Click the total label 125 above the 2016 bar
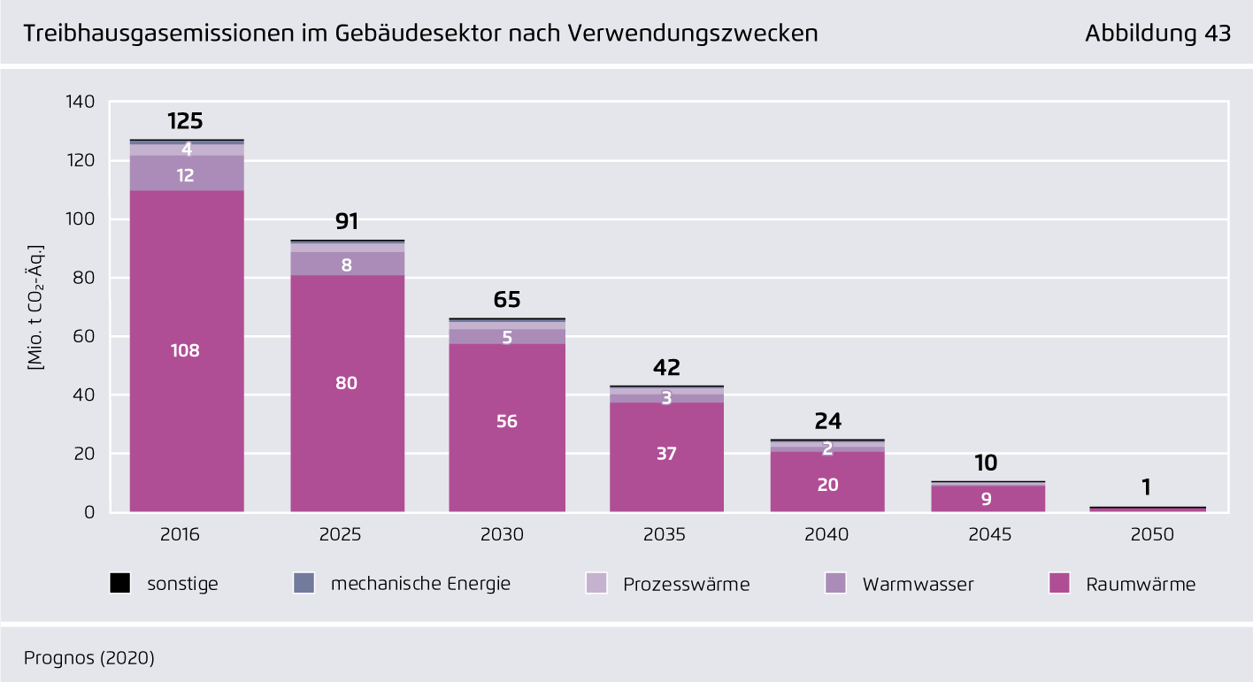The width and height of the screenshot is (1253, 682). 185,121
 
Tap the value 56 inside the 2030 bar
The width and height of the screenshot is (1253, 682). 507,421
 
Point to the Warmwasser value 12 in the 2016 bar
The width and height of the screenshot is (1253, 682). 186,175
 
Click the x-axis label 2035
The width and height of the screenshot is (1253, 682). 666,535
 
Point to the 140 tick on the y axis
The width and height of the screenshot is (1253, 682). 81,102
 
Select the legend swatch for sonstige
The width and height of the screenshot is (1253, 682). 120,584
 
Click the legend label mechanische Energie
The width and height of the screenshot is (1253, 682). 420,584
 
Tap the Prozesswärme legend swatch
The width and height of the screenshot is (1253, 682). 596,584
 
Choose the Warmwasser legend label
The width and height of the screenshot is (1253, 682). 918,585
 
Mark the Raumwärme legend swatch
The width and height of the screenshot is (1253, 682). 1059,584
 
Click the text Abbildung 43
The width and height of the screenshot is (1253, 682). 1157,34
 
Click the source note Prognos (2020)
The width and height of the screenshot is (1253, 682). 89,657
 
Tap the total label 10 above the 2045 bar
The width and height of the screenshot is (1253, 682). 986,463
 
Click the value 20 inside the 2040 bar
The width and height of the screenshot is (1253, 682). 827,485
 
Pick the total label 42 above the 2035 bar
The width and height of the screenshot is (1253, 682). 666,368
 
